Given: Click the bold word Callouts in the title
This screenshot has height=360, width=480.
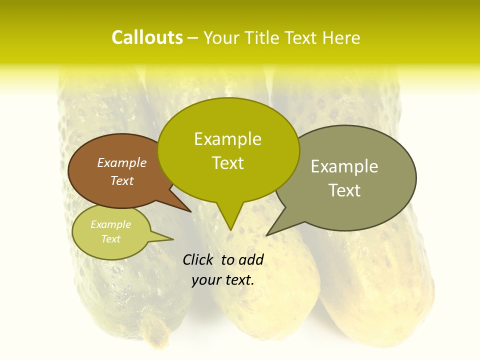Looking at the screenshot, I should tap(147, 37).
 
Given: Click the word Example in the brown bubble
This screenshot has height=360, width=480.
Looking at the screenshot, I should tap(122, 162).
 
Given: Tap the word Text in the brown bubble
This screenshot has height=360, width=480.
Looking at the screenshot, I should tap(122, 180).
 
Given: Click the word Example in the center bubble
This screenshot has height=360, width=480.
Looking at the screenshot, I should tap(228, 139).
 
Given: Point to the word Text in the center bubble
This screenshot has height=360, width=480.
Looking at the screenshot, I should tap(228, 163).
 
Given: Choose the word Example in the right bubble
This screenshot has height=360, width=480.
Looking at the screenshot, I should tap(344, 166).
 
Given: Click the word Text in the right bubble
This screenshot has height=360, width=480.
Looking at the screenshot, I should tap(344, 190).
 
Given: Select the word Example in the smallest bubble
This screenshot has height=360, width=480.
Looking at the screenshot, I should tap(111, 224).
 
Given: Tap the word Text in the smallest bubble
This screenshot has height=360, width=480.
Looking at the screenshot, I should tap(111, 239).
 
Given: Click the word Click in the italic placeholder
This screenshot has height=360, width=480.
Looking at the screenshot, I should tap(198, 259).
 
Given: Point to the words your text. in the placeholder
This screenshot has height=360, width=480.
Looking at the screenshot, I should tap(223, 280).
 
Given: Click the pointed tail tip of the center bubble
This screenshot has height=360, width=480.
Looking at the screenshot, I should tap(230, 230).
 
